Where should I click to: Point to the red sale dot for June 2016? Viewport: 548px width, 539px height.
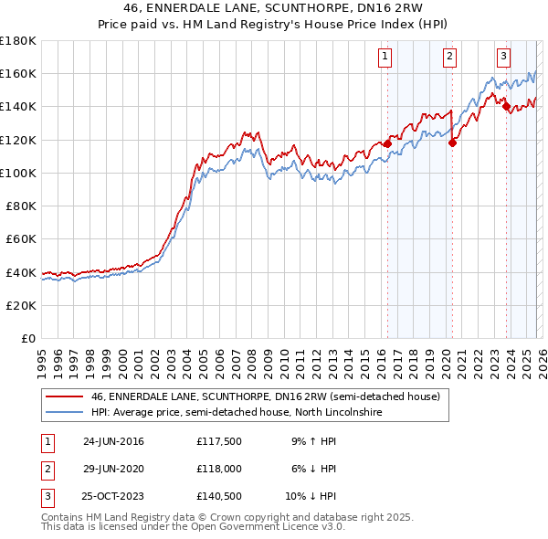(387, 143)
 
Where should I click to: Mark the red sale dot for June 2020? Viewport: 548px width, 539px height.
(452, 141)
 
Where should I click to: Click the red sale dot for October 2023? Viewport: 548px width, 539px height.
(506, 105)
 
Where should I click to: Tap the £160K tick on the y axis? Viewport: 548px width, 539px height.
(18, 74)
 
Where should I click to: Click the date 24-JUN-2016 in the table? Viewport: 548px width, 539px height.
(113, 441)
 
